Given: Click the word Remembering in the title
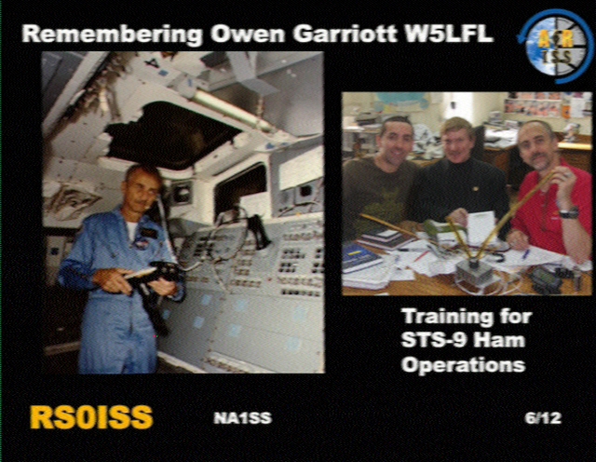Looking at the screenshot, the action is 112,35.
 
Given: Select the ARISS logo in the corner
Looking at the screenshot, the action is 554,47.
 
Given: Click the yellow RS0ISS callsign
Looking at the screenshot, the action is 91,417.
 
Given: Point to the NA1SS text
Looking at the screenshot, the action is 242,418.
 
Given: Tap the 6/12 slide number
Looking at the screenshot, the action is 543,418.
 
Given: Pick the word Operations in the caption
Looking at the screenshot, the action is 464,365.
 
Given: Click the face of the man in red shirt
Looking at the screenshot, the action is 536,145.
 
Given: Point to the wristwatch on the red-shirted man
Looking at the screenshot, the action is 569,213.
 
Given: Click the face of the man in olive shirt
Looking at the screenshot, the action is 396,140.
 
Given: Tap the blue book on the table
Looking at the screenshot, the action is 361,258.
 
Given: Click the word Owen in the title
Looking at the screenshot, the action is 248,34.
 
